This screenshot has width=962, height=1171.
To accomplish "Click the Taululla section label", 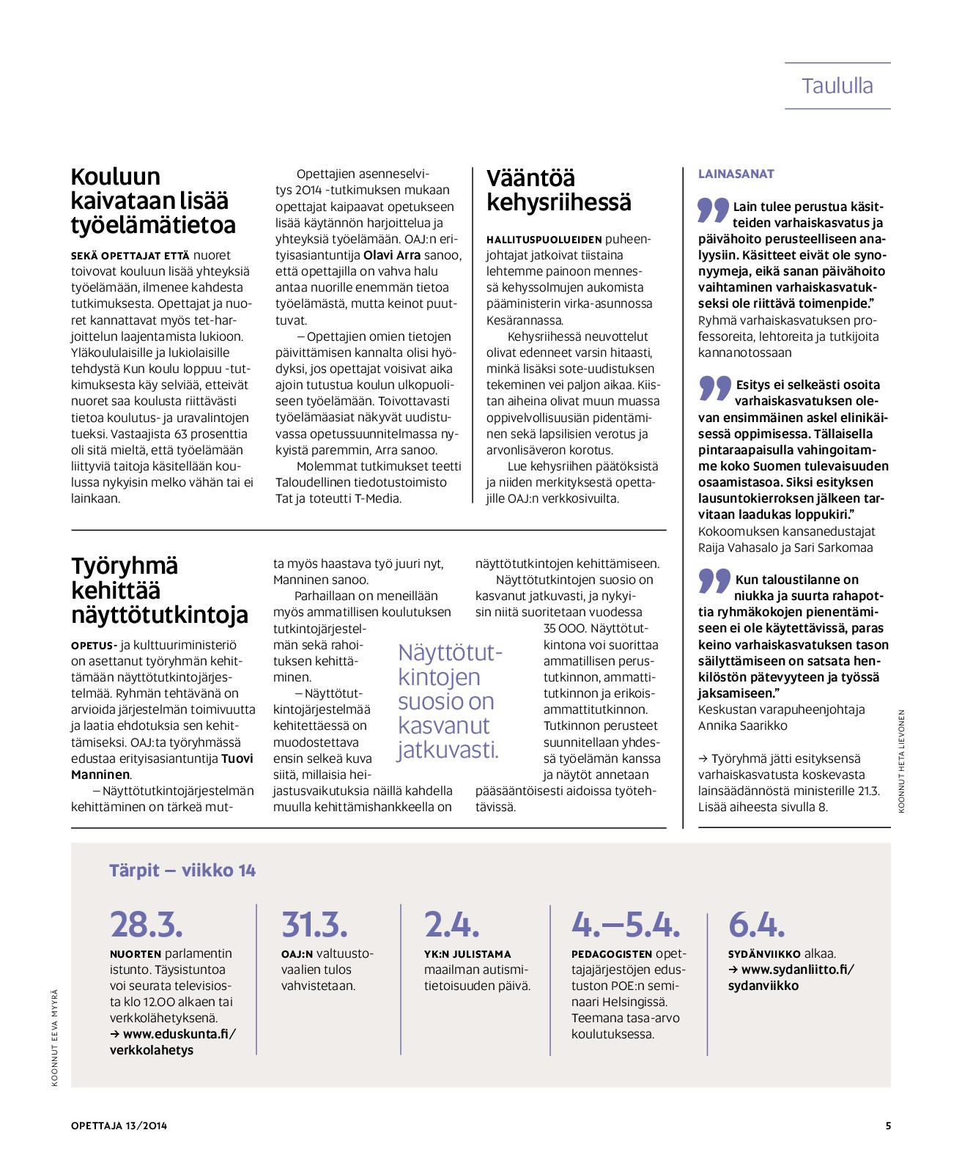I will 837,86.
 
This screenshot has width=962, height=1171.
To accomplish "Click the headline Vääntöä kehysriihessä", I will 558,191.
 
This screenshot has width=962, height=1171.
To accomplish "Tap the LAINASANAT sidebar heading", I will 736,174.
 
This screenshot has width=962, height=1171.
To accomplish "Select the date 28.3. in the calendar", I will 147,925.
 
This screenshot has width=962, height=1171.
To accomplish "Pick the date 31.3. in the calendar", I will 314,925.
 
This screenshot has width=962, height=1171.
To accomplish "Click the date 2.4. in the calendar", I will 451,925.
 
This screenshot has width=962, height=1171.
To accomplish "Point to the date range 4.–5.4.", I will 626,925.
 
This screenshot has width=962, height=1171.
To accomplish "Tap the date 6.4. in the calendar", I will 756,925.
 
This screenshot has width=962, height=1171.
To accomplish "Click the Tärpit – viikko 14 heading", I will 182,871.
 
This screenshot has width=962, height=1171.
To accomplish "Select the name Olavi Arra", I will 392,256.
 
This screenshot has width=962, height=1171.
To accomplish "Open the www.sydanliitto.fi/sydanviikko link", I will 790,978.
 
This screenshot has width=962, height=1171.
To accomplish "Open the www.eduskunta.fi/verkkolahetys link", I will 172,1042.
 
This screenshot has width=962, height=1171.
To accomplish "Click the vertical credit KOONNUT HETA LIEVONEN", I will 902,761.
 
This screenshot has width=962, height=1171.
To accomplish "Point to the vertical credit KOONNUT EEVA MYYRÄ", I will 55,1037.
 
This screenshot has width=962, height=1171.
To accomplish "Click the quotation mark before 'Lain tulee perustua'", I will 713,210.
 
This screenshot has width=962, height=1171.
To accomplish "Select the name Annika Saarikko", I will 742,726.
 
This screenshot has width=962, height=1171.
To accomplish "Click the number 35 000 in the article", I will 565,629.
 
